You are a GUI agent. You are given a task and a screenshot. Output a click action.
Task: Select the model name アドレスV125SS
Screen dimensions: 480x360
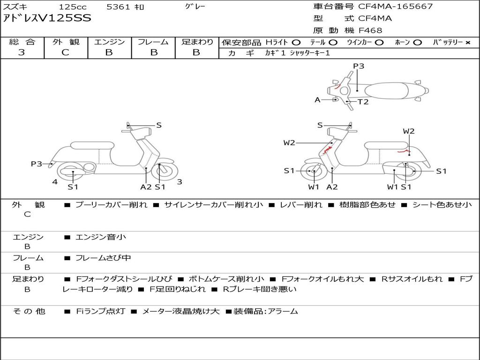click(x=47, y=18)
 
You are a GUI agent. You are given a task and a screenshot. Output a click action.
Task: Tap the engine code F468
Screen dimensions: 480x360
click(x=370, y=30)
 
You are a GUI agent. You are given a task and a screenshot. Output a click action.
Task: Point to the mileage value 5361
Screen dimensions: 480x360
click(x=118, y=7)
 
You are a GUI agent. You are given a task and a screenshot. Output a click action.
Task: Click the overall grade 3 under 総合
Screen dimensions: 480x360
click(x=22, y=52)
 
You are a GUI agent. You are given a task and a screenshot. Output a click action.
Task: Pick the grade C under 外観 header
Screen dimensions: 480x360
click(x=66, y=52)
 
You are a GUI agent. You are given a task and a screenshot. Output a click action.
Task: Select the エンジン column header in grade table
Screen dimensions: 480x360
click(x=109, y=42)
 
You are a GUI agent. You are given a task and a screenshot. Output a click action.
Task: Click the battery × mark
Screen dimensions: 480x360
click(x=468, y=43)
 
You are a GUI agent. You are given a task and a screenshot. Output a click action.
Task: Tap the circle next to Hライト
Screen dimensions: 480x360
click(x=296, y=43)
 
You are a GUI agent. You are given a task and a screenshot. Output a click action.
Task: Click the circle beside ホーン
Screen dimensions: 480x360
click(x=417, y=43)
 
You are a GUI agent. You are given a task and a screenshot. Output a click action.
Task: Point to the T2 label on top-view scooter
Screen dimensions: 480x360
click(x=363, y=102)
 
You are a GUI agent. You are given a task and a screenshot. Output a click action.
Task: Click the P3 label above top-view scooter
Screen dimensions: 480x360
click(x=359, y=66)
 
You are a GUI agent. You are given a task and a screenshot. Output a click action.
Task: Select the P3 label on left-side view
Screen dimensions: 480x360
click(x=37, y=164)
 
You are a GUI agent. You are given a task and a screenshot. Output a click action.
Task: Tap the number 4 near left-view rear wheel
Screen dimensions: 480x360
click(x=55, y=182)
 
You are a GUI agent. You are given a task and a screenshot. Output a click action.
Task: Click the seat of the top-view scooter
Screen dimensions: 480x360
click(x=386, y=91)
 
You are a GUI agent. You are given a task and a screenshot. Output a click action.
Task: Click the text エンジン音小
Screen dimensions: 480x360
click(x=100, y=237)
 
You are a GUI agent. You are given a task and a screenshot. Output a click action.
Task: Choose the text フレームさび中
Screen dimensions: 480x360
click(x=103, y=258)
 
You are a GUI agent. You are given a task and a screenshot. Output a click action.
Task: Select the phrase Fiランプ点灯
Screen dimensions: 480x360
click(x=100, y=311)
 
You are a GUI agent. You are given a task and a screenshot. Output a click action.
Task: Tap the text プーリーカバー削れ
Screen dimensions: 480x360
click(x=111, y=204)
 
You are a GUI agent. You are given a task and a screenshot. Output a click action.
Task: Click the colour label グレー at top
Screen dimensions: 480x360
click(x=195, y=7)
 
